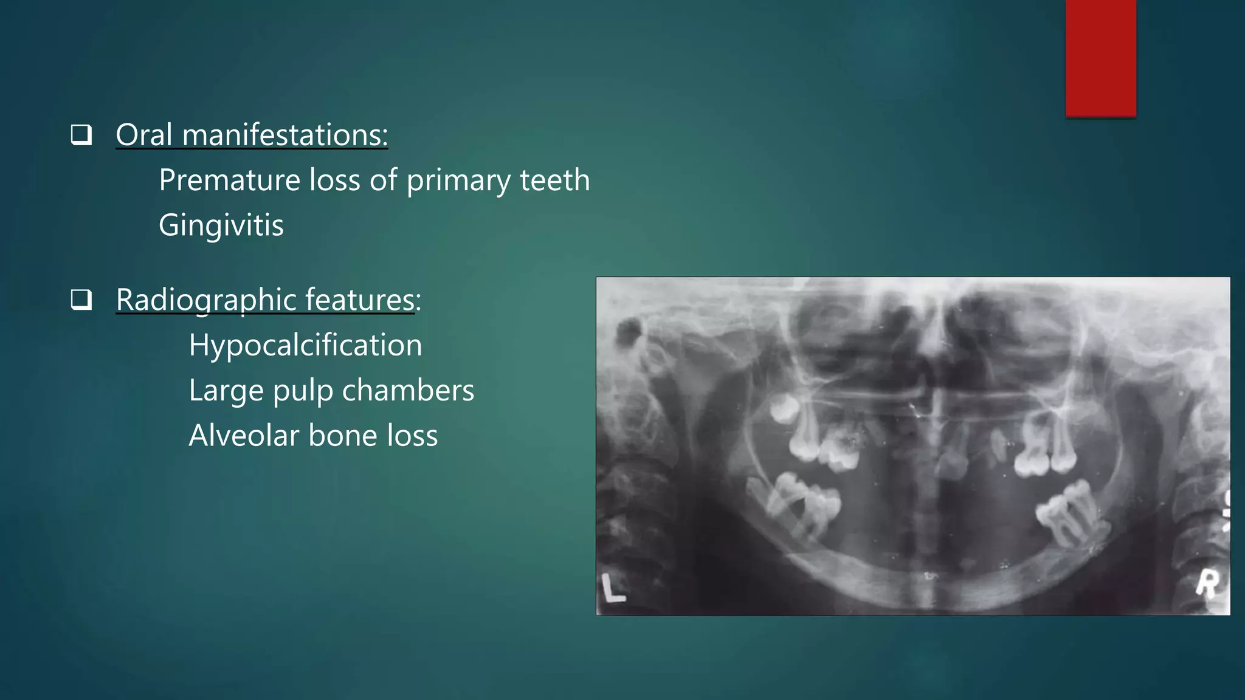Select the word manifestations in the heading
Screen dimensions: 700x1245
tap(285, 134)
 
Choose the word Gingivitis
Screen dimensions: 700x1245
tap(221, 225)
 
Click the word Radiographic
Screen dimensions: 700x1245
tap(205, 300)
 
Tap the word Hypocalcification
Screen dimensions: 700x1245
tap(305, 345)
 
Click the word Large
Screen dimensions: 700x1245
tap(226, 390)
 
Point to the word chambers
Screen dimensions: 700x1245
tap(408, 390)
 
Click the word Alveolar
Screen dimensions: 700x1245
tap(244, 436)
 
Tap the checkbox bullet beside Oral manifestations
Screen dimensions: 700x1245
tap(81, 134)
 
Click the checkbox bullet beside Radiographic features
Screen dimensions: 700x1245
tap(81, 300)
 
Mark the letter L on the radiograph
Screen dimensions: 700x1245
tap(613, 588)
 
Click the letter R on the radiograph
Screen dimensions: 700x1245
tap(1207, 584)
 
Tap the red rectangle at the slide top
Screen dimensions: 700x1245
tap(1100, 58)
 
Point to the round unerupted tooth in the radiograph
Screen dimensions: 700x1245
tap(784, 408)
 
